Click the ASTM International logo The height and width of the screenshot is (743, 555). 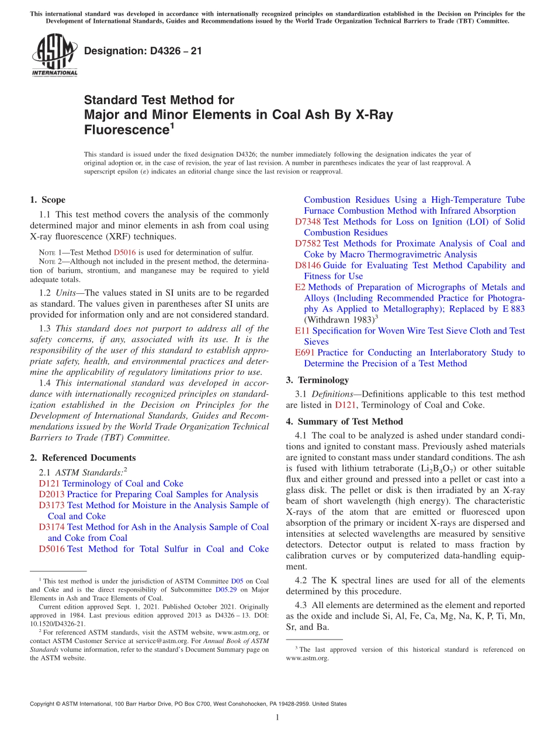click(54, 55)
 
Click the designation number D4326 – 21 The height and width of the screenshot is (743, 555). click(143, 51)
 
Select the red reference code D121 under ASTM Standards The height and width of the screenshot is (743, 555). click(49, 484)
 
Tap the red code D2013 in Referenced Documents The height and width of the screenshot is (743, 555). click(51, 495)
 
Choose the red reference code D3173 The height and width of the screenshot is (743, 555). click(51, 505)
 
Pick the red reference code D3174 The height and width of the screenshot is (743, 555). click(51, 527)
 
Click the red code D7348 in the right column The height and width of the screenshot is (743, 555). click(308, 222)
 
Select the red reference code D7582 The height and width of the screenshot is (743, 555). click(308, 244)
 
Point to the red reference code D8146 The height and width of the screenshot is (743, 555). click(308, 266)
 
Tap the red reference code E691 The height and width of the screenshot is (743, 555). click(305, 353)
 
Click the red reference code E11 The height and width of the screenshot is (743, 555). click(301, 331)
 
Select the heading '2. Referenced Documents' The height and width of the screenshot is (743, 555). click(82, 458)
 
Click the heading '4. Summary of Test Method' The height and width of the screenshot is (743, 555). click(344, 422)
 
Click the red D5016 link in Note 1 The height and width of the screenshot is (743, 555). click(124, 252)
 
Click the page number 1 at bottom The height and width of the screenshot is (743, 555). click(277, 717)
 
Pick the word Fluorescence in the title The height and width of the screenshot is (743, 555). click(125, 129)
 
